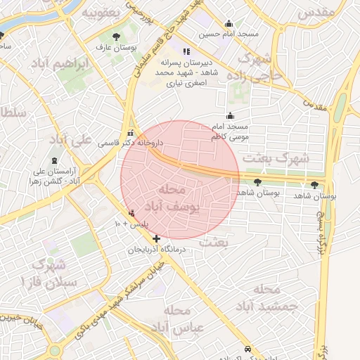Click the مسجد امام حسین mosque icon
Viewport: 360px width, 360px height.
[229, 23]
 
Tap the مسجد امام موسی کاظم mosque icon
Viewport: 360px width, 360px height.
[230, 116]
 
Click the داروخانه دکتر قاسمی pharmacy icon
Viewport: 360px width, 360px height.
[129, 133]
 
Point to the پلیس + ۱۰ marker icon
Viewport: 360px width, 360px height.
[131, 213]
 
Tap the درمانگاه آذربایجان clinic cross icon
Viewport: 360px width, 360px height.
[156, 239]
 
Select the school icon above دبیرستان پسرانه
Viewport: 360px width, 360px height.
[186, 51]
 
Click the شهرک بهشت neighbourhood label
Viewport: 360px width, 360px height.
[275, 159]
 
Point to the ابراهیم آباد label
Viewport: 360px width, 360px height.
[62, 65]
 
